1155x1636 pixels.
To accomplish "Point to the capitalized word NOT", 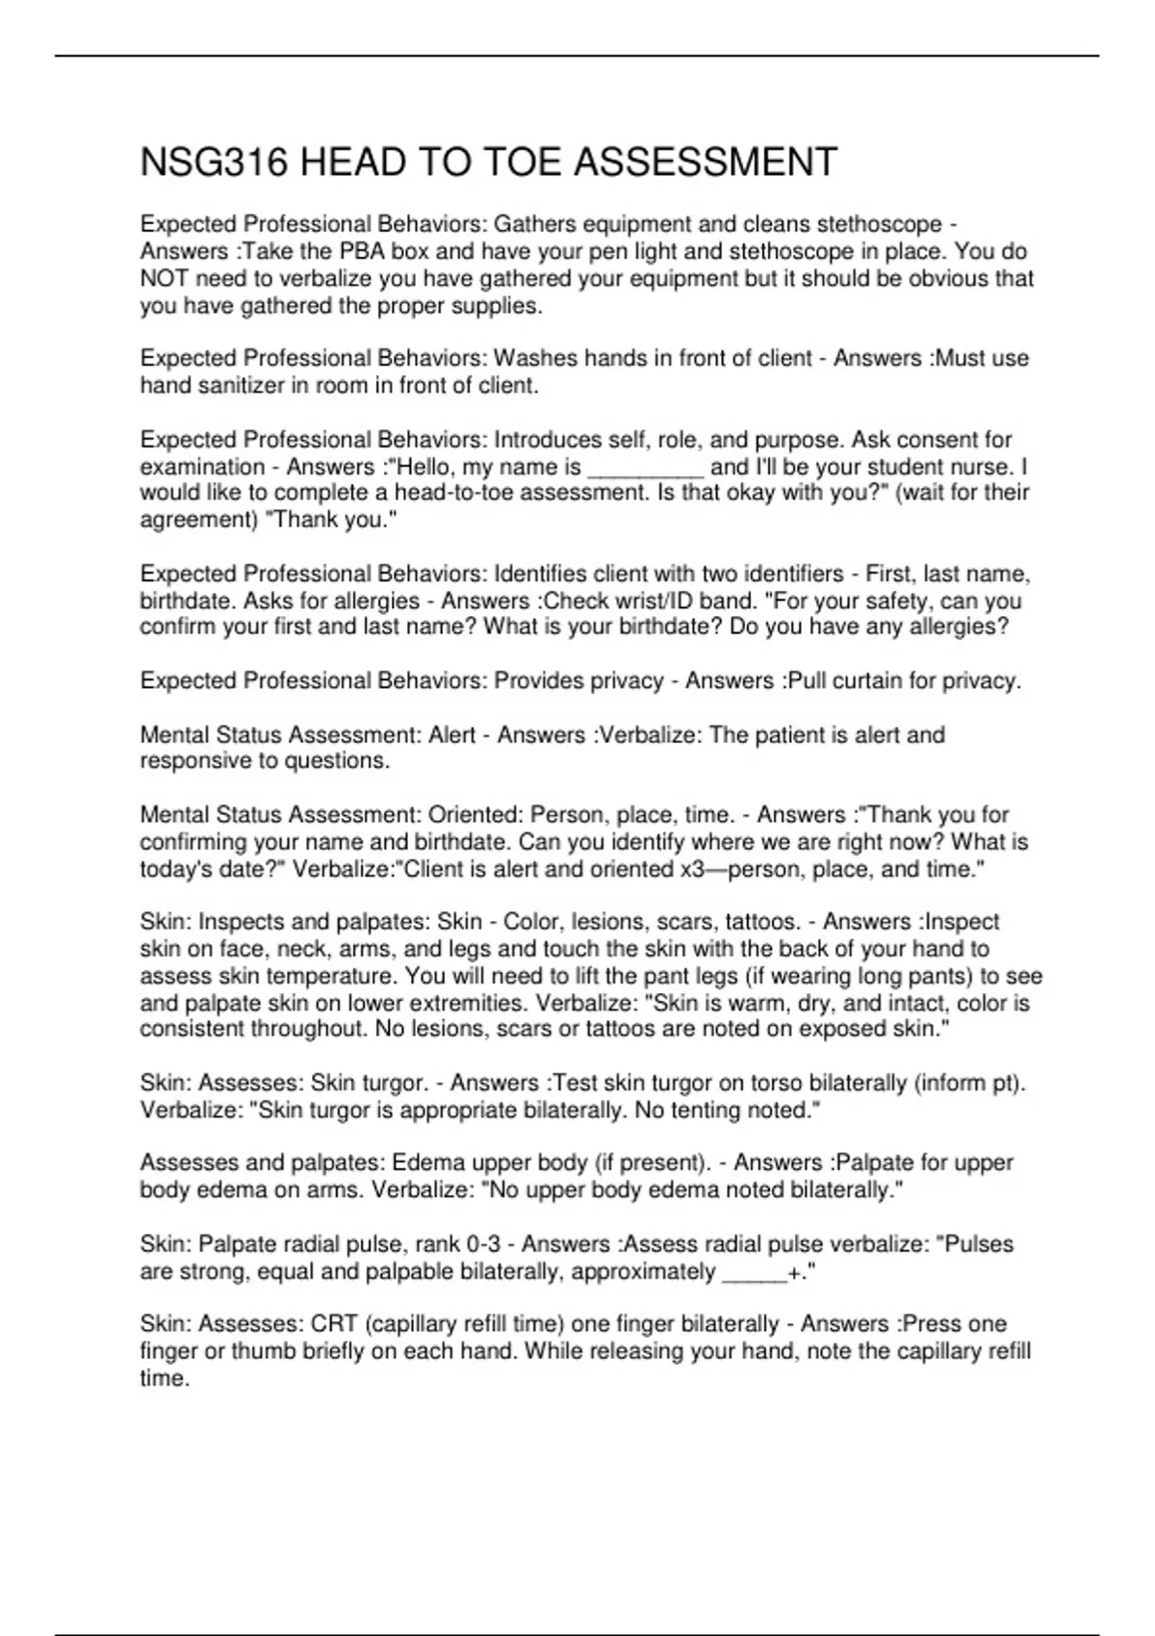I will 166,279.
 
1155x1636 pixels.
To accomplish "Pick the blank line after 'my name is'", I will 646,468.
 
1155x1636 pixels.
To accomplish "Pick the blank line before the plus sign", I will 754,1271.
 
